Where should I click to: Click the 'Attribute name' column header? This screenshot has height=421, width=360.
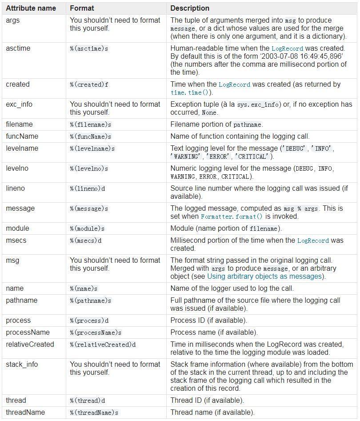[31, 8]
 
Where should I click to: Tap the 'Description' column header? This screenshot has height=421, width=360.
[190, 8]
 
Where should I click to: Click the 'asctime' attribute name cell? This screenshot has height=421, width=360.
[18, 48]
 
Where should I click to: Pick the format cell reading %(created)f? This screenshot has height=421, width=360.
[89, 84]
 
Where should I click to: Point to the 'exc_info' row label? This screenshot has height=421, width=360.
[19, 104]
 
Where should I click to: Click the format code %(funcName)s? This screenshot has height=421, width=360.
[91, 136]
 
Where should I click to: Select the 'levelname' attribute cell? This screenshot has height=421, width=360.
[22, 148]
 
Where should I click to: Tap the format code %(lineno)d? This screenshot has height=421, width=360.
[88, 188]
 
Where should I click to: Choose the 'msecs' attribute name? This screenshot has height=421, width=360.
[16, 240]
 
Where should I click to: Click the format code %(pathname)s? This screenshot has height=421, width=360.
[91, 301]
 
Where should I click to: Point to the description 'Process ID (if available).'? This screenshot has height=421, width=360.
[209, 320]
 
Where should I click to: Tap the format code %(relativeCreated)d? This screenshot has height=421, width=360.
[103, 345]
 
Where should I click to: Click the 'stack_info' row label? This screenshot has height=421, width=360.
[22, 364]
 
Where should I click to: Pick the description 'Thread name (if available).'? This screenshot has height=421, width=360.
[212, 412]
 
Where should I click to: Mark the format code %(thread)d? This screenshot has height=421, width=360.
[88, 401]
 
